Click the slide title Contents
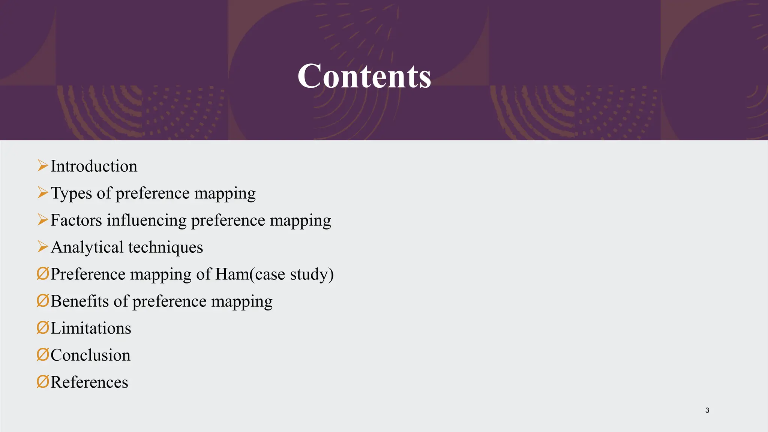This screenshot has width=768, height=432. click(x=364, y=76)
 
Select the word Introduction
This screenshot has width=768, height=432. click(x=94, y=166)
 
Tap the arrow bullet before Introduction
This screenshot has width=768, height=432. click(x=43, y=165)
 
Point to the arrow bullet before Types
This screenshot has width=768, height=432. click(x=43, y=192)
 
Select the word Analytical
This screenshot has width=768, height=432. click(x=87, y=247)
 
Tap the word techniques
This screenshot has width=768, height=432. click(x=165, y=247)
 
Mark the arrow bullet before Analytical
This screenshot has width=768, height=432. click(x=43, y=246)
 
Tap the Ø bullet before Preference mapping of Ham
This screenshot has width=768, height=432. click(x=43, y=274)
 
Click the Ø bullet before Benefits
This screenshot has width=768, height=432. click(x=43, y=301)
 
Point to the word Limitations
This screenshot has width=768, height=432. click(x=91, y=328)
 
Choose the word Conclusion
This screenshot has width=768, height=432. click(x=90, y=355)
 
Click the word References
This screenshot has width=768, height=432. click(x=89, y=382)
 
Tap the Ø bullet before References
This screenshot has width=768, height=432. click(x=43, y=382)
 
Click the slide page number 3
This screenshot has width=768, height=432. click(x=707, y=410)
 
